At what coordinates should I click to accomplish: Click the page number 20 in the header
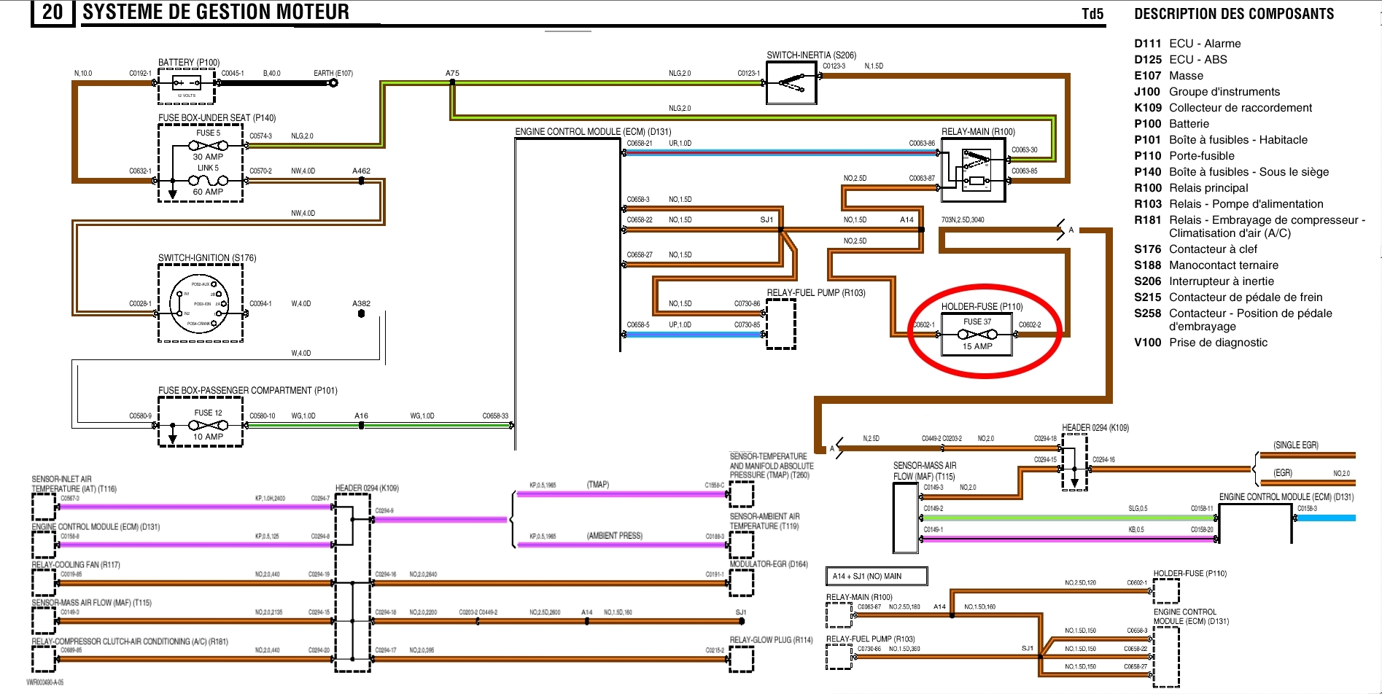[53, 12]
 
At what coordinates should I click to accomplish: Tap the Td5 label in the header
[1092, 14]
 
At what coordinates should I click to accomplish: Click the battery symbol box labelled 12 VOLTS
[187, 86]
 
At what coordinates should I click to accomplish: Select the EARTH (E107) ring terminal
[333, 82]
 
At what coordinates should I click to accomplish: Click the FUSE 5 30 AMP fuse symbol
[208, 145]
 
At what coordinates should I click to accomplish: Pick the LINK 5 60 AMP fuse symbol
[208, 180]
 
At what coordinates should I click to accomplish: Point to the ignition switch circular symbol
[199, 303]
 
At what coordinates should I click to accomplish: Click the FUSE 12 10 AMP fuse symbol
[208, 425]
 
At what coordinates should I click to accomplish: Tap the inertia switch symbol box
[791, 83]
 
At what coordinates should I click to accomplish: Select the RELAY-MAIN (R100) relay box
[974, 169]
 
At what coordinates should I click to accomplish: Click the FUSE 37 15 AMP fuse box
[977, 335]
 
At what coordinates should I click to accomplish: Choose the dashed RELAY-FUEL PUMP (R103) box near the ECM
[780, 324]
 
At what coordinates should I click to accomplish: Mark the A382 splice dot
[361, 313]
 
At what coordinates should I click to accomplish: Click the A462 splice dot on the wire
[361, 180]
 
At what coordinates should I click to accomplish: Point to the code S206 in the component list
[1147, 281]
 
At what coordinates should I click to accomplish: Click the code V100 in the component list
[1147, 343]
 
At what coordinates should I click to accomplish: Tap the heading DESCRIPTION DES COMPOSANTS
[1234, 14]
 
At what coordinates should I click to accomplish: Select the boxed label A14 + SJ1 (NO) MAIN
[876, 576]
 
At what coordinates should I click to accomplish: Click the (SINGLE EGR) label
[1296, 445]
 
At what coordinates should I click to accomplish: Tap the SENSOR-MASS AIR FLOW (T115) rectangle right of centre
[906, 518]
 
